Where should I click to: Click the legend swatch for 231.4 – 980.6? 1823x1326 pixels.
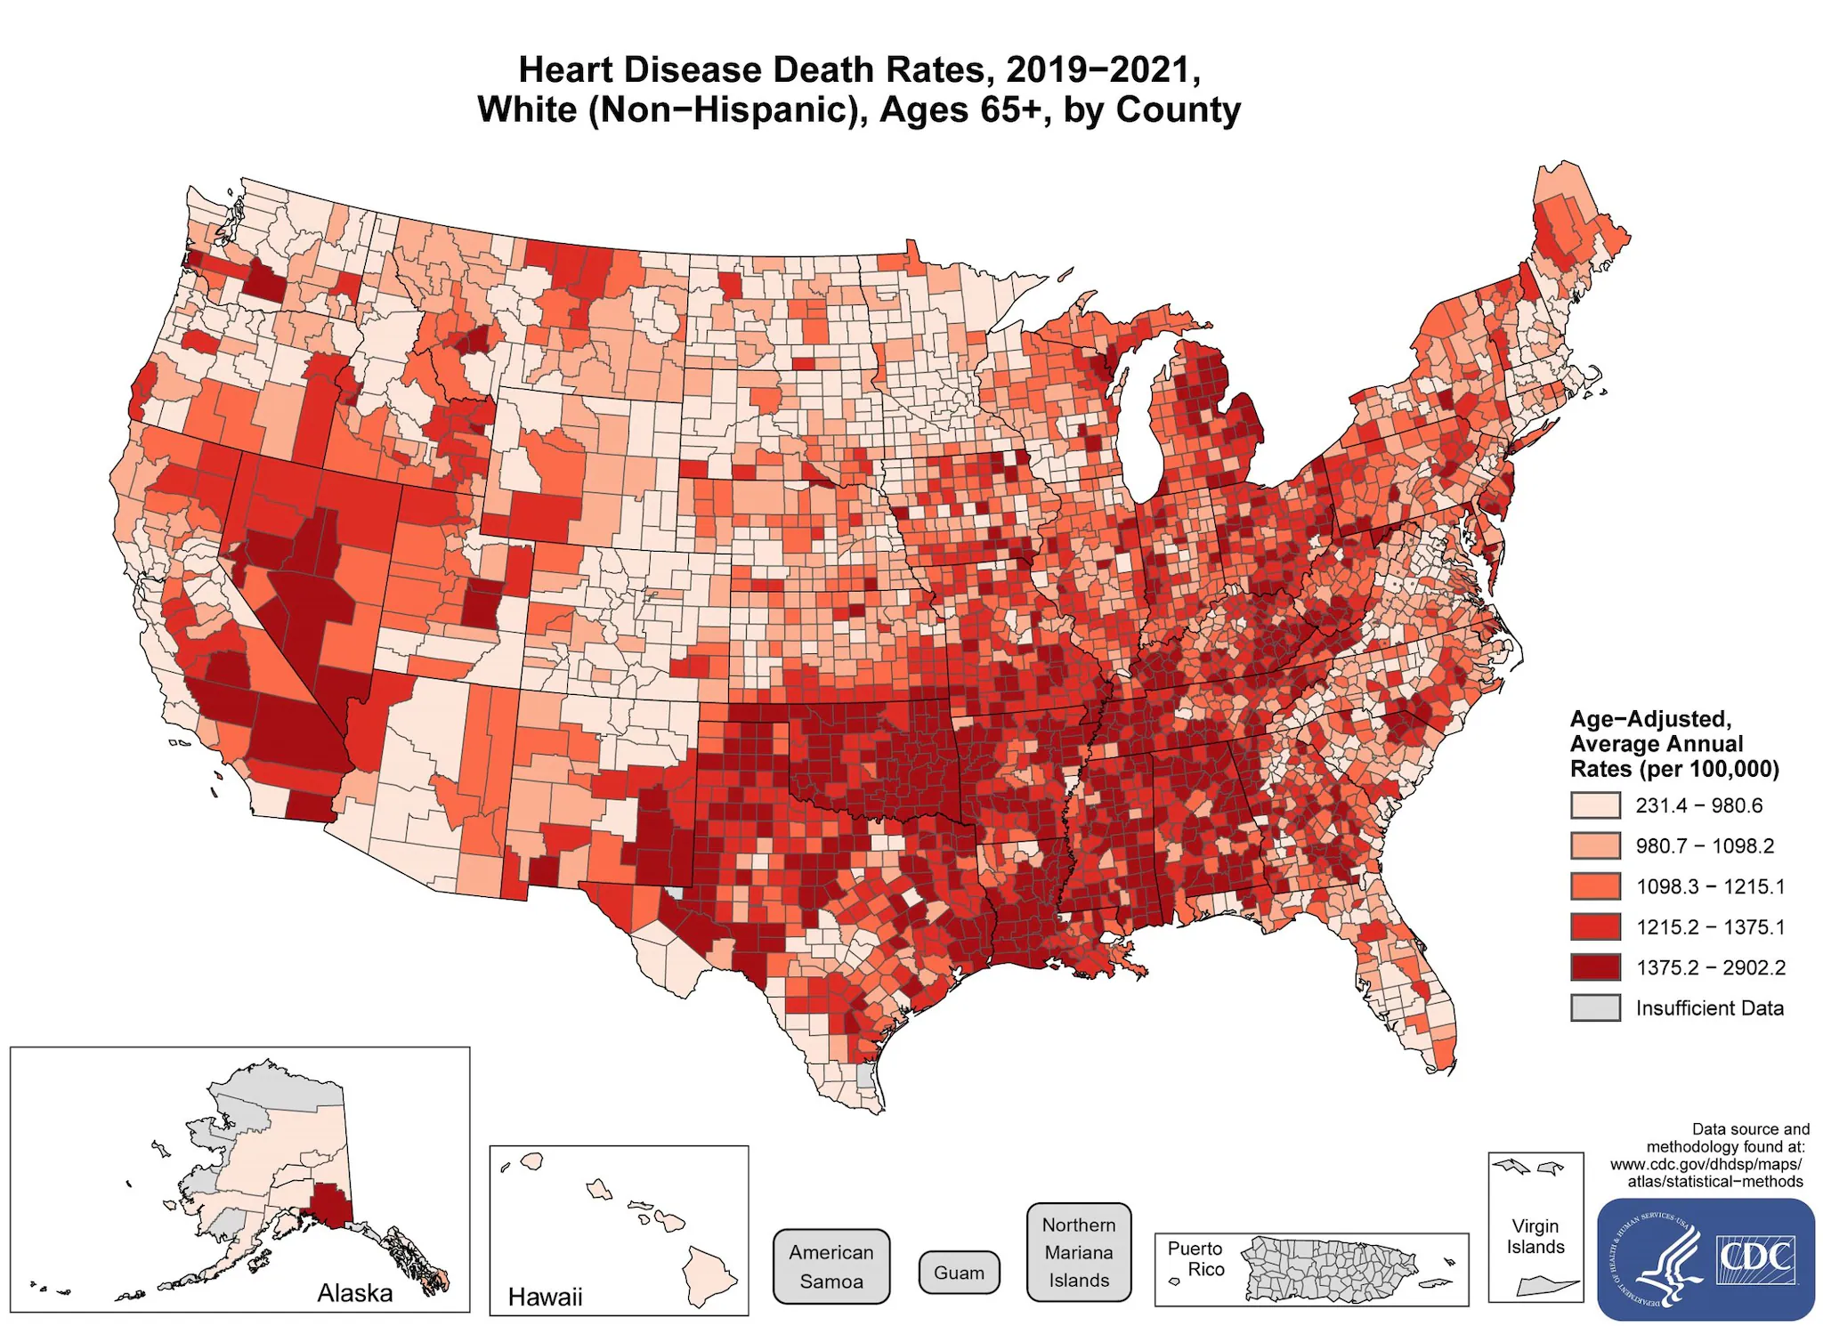tap(1594, 805)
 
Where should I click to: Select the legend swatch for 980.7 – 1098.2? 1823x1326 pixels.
tap(1594, 845)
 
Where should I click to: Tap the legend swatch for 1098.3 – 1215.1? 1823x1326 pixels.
tap(1594, 886)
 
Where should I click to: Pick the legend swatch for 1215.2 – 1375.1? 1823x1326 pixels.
tap(1594, 926)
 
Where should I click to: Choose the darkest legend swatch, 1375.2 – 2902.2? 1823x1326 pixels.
tap(1594, 967)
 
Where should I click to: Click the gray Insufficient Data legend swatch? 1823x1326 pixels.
tap(1594, 1007)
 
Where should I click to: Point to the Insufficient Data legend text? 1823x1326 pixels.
tap(1709, 1008)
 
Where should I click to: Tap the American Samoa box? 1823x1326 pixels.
tap(830, 1266)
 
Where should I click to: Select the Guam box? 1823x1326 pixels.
tap(959, 1273)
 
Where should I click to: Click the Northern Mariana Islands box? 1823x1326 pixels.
tap(1079, 1252)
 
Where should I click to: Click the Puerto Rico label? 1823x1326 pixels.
tap(1195, 1258)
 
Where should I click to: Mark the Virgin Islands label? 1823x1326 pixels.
tap(1535, 1236)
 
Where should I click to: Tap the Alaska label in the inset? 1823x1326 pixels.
tap(354, 1292)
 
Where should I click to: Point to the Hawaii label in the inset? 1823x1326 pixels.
tap(545, 1297)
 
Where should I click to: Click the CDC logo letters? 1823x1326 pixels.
tap(1754, 1257)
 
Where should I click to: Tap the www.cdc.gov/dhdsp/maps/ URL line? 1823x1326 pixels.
tap(1706, 1164)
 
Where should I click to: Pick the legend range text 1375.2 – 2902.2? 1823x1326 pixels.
tap(1710, 967)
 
